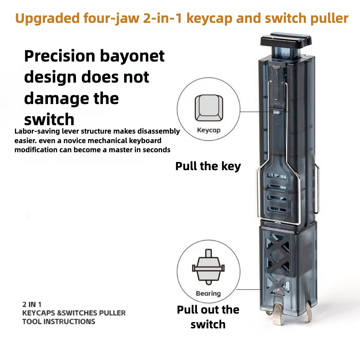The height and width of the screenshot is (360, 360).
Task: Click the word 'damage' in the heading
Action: (x=53, y=98)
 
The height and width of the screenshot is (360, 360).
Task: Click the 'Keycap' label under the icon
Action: (x=208, y=130)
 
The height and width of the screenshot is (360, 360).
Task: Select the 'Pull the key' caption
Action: (x=208, y=166)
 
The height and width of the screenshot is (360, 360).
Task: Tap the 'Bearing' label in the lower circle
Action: (x=208, y=293)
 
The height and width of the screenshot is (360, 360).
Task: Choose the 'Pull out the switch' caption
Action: (x=208, y=317)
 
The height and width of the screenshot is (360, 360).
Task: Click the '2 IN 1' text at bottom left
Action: (x=32, y=304)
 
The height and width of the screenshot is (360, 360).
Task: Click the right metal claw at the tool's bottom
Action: (x=309, y=314)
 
